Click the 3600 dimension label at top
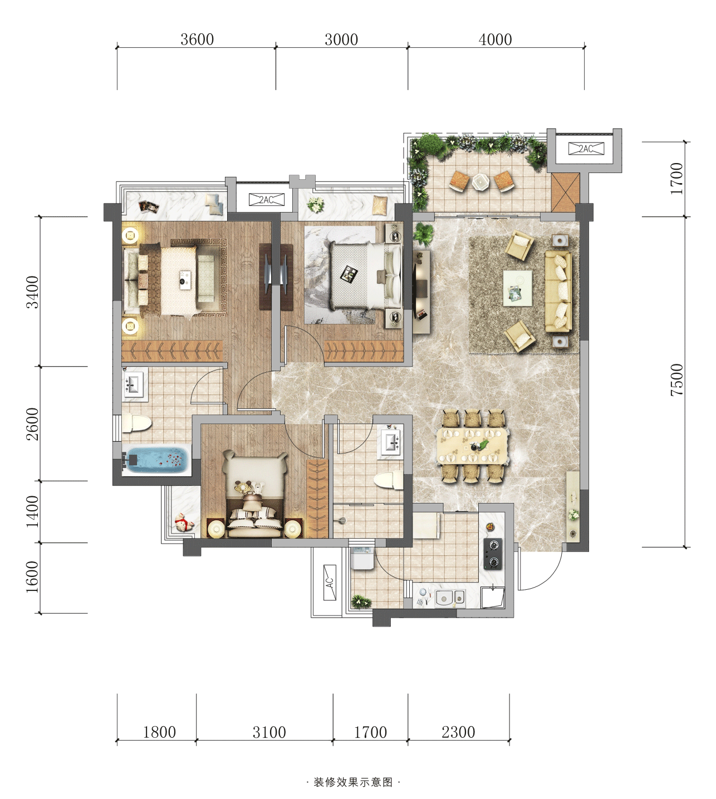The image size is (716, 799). tap(197, 40)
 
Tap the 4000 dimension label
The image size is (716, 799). tap(495, 40)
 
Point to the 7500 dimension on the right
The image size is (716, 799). tap(676, 380)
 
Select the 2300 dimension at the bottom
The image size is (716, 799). tap(458, 732)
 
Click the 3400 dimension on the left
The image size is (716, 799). tap(32, 292)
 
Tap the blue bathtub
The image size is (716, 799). tap(156, 458)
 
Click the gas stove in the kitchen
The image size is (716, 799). tap(493, 554)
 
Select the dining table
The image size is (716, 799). tap(473, 446)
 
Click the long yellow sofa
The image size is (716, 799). tap(558, 292)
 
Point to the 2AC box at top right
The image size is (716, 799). tap(586, 149)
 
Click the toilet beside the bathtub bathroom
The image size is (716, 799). tap(136, 423)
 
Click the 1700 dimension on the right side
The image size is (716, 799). tap(676, 179)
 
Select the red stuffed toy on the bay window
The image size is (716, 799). tap(184, 523)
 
